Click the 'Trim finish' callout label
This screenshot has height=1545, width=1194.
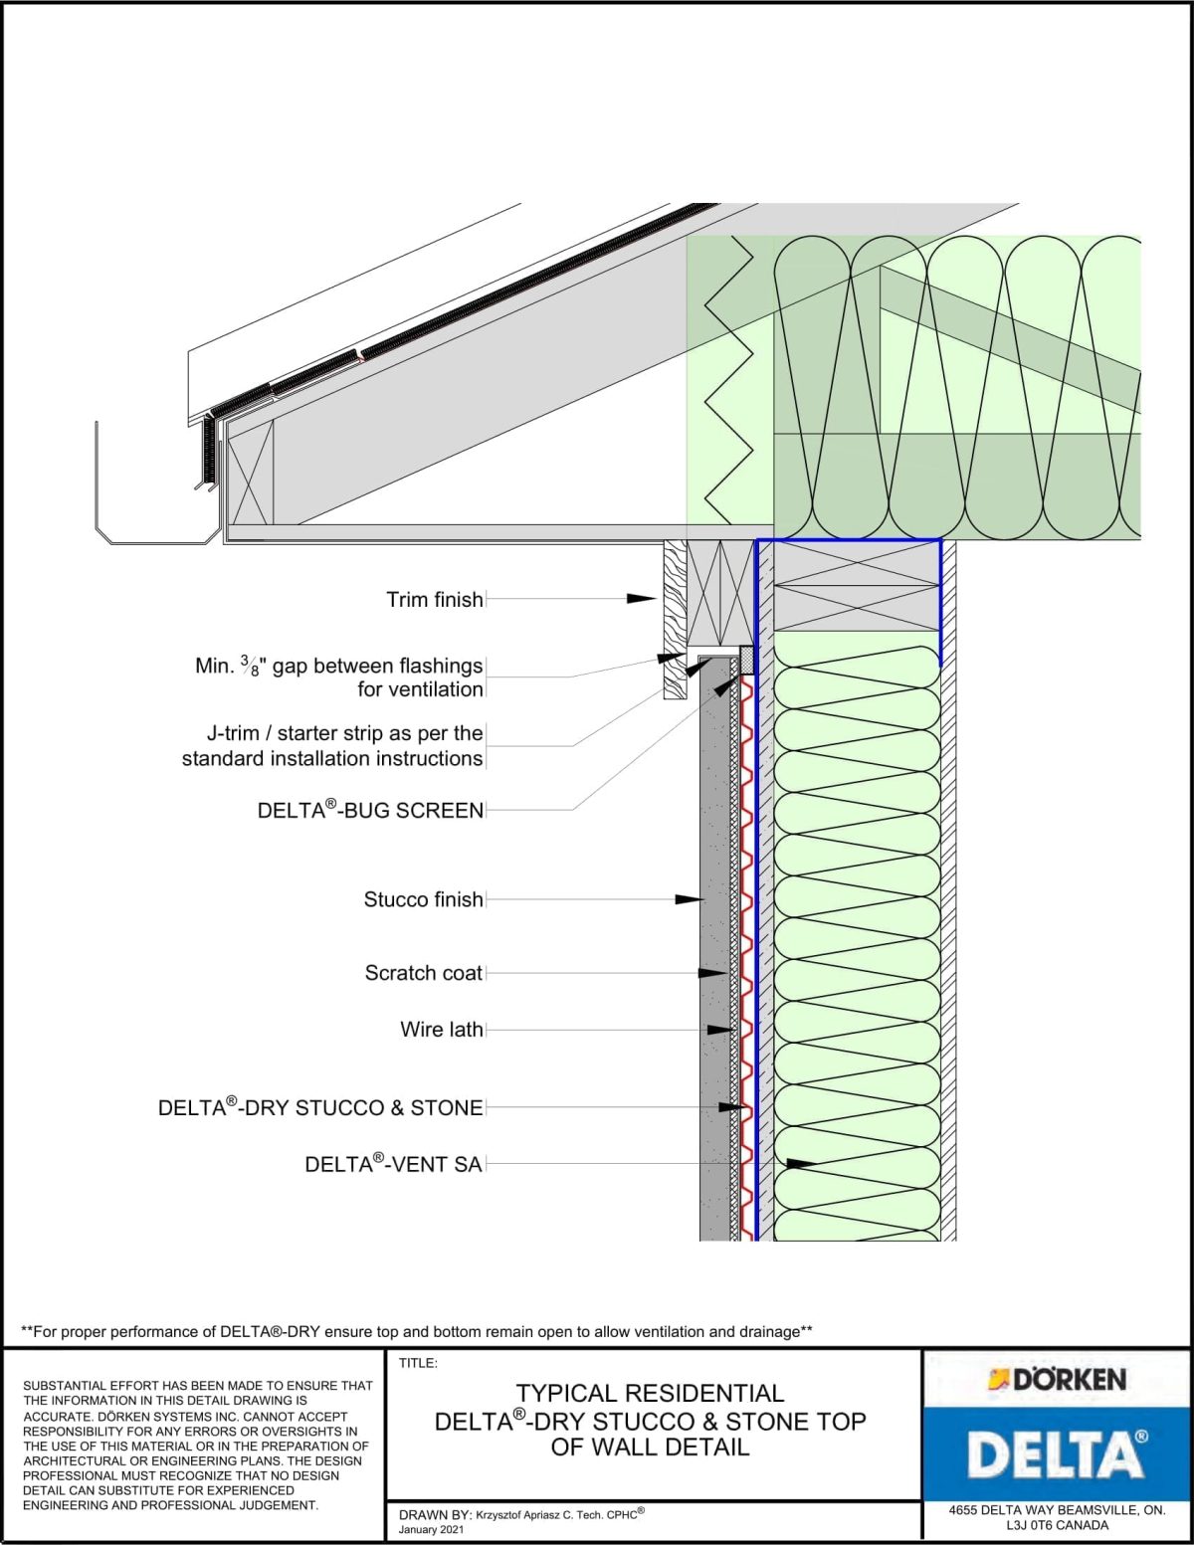pos(435,600)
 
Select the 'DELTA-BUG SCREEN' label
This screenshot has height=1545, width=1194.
pos(370,811)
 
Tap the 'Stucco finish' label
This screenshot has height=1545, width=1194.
pos(423,900)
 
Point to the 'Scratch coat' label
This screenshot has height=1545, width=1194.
pos(423,973)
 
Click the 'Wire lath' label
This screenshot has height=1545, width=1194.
pos(441,1030)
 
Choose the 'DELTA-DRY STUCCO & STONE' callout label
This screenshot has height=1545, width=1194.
pos(320,1108)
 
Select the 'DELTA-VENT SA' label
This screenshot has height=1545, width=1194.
pos(393,1164)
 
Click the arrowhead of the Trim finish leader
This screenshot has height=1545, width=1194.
pos(642,599)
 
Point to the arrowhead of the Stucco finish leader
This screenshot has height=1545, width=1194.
pos(690,899)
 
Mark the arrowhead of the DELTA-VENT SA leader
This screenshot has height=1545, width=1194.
pos(801,1163)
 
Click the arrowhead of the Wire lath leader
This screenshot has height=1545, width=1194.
pos(720,1030)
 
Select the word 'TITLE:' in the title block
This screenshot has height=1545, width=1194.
pos(418,1364)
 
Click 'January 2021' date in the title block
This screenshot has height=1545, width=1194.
pos(431,1529)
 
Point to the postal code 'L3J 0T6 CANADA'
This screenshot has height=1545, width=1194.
pos(1057,1525)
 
